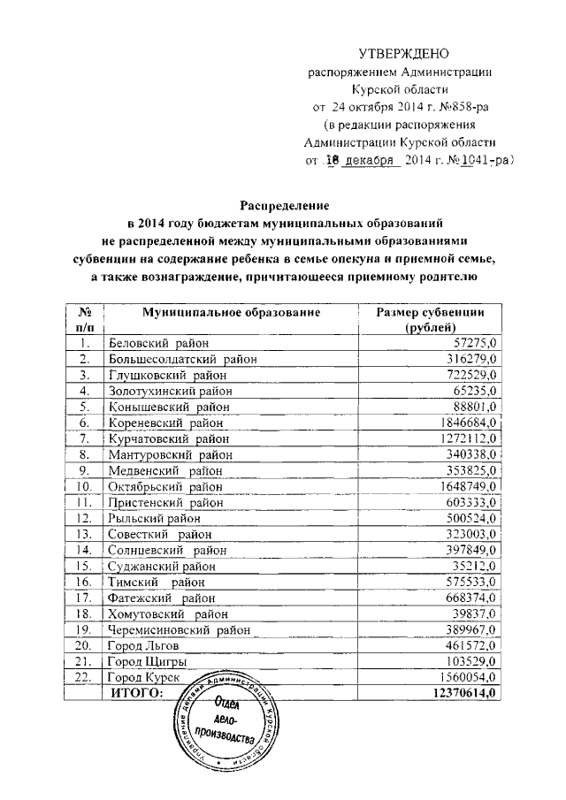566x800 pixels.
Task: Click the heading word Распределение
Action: tap(281, 204)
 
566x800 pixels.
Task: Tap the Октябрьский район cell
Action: tap(165, 486)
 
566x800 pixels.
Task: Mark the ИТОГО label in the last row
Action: tap(137, 694)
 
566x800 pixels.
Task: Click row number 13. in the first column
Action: tap(85, 534)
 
